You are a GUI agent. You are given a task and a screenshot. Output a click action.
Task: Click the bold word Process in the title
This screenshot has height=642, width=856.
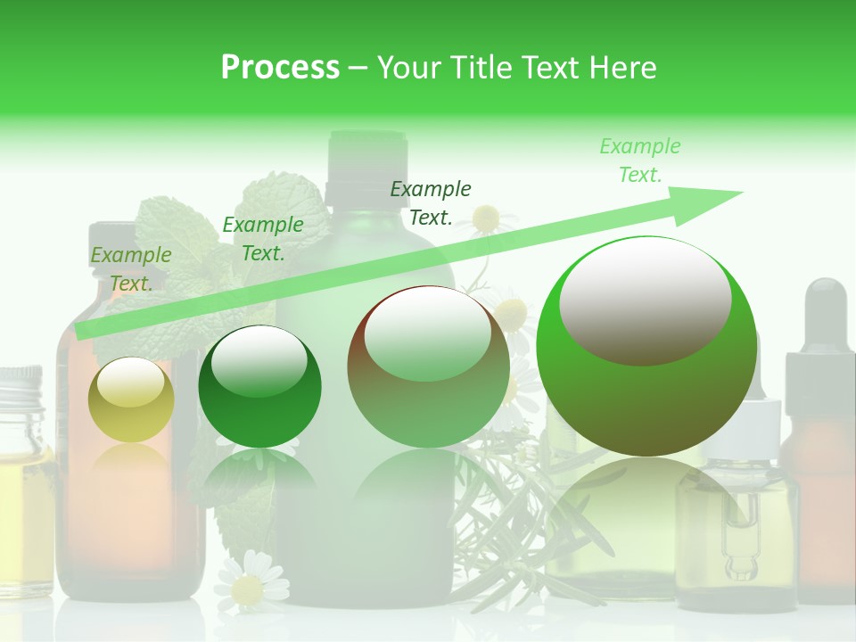pos(280,67)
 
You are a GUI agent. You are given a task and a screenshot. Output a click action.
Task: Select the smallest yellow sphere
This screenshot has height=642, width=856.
pos(131,400)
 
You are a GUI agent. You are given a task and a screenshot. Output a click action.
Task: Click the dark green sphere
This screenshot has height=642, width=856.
pos(259,387)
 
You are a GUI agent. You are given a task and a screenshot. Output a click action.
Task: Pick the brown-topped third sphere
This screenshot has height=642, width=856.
pos(428,367)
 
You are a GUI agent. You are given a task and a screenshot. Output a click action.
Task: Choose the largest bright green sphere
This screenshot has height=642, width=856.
pos(646,346)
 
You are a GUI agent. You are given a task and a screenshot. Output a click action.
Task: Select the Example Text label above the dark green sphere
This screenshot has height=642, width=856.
pos(263,239)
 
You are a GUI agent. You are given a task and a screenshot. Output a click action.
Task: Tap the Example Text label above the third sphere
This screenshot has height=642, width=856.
pos(431,202)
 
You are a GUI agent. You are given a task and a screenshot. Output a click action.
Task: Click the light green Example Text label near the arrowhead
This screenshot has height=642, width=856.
pos(639,160)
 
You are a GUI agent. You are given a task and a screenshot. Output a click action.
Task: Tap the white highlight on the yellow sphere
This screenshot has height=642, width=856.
pos(130,382)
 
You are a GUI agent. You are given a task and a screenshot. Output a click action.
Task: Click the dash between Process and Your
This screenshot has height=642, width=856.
pos(358,68)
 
